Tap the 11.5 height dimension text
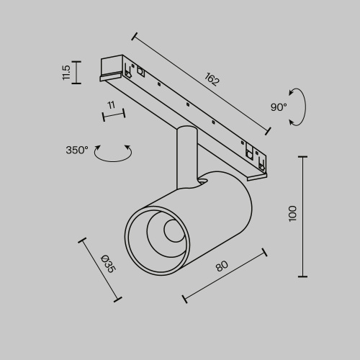tap(66, 72)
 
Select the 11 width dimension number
tap(111, 105)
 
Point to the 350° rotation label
tap(77, 150)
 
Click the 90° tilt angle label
tap(279, 107)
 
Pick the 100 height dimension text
tap(292, 213)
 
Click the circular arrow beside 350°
tap(114, 153)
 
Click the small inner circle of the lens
tap(173, 231)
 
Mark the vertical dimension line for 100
tap(302, 216)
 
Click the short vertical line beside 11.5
tap(77, 72)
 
